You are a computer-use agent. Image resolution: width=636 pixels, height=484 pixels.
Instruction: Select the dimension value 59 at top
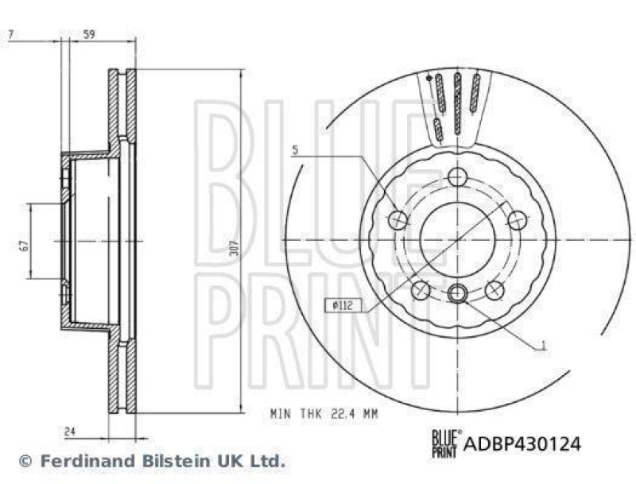click(89, 34)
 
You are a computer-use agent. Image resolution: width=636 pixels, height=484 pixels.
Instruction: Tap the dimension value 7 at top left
click(10, 34)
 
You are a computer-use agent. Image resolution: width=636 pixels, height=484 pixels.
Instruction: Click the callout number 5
click(294, 149)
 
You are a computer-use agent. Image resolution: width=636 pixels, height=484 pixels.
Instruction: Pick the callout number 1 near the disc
click(542, 346)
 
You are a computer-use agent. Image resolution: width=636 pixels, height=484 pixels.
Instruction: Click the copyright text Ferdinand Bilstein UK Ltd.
click(151, 460)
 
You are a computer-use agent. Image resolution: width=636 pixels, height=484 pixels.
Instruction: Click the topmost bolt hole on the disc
click(457, 176)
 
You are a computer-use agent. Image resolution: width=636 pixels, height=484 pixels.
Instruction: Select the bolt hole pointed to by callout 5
click(399, 219)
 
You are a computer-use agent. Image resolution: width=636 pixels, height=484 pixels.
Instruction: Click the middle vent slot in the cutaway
click(457, 102)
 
